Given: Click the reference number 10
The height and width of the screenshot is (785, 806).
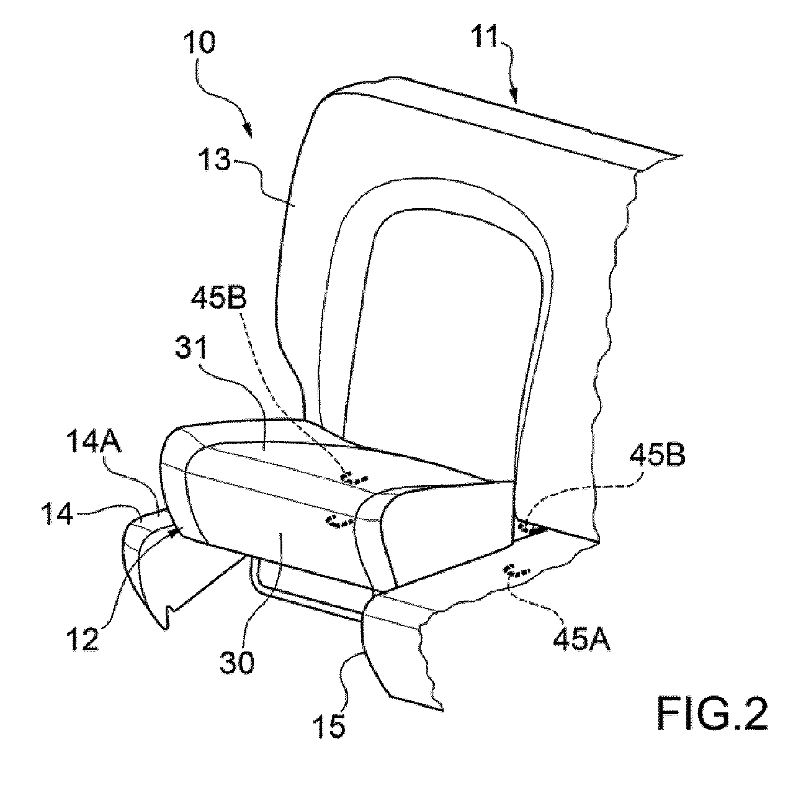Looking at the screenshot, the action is (x=200, y=43).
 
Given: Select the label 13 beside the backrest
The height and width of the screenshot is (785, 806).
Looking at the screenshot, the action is (x=214, y=160).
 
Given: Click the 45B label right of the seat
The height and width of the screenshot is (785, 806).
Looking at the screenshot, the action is (x=657, y=455).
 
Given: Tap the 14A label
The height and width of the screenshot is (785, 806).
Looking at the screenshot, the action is (x=94, y=442).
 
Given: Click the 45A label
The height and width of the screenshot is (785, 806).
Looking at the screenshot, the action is (x=582, y=639).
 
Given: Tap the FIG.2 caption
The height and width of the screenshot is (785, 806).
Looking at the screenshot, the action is (x=712, y=714).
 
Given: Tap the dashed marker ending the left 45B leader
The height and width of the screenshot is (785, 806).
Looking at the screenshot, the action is (x=354, y=478).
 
